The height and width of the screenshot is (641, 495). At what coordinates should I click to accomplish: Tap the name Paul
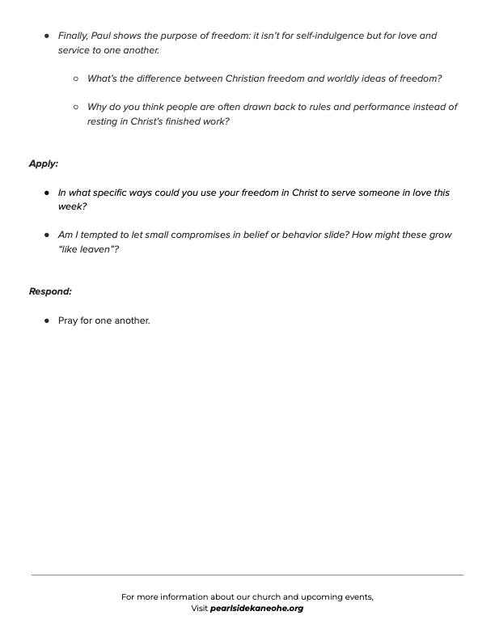(x=111, y=36)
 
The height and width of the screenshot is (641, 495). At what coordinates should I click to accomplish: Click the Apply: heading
(x=44, y=163)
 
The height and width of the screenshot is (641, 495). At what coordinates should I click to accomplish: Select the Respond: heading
(x=50, y=291)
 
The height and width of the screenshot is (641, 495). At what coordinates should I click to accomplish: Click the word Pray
(x=68, y=320)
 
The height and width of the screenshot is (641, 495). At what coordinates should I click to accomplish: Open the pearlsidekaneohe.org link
(x=256, y=609)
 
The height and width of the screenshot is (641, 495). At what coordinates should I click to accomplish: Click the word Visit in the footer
(x=200, y=609)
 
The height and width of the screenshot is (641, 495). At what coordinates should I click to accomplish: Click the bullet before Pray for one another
(x=47, y=320)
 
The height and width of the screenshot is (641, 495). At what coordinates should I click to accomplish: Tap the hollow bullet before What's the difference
(x=76, y=79)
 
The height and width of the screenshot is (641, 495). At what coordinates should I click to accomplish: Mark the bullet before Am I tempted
(x=47, y=235)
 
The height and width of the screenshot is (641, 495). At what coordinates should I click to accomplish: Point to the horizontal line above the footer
(x=247, y=575)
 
